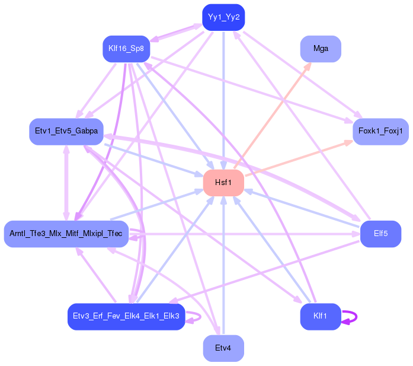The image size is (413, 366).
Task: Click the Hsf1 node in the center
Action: coord(223,183)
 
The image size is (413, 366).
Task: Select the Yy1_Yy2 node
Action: coord(223,17)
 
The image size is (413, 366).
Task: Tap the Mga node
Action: coord(321,49)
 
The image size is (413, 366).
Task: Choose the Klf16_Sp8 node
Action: coord(126,48)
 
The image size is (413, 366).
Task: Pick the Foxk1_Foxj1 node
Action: coord(380,131)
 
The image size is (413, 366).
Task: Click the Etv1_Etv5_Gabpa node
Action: coord(66,131)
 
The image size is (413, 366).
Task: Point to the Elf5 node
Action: coord(380,234)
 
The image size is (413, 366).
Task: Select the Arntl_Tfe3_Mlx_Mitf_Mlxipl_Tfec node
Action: coord(66,234)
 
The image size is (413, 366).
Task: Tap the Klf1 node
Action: coord(321,317)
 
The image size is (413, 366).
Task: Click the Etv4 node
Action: coord(223,348)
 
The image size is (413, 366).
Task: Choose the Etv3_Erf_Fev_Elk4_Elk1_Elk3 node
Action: coord(126,316)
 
